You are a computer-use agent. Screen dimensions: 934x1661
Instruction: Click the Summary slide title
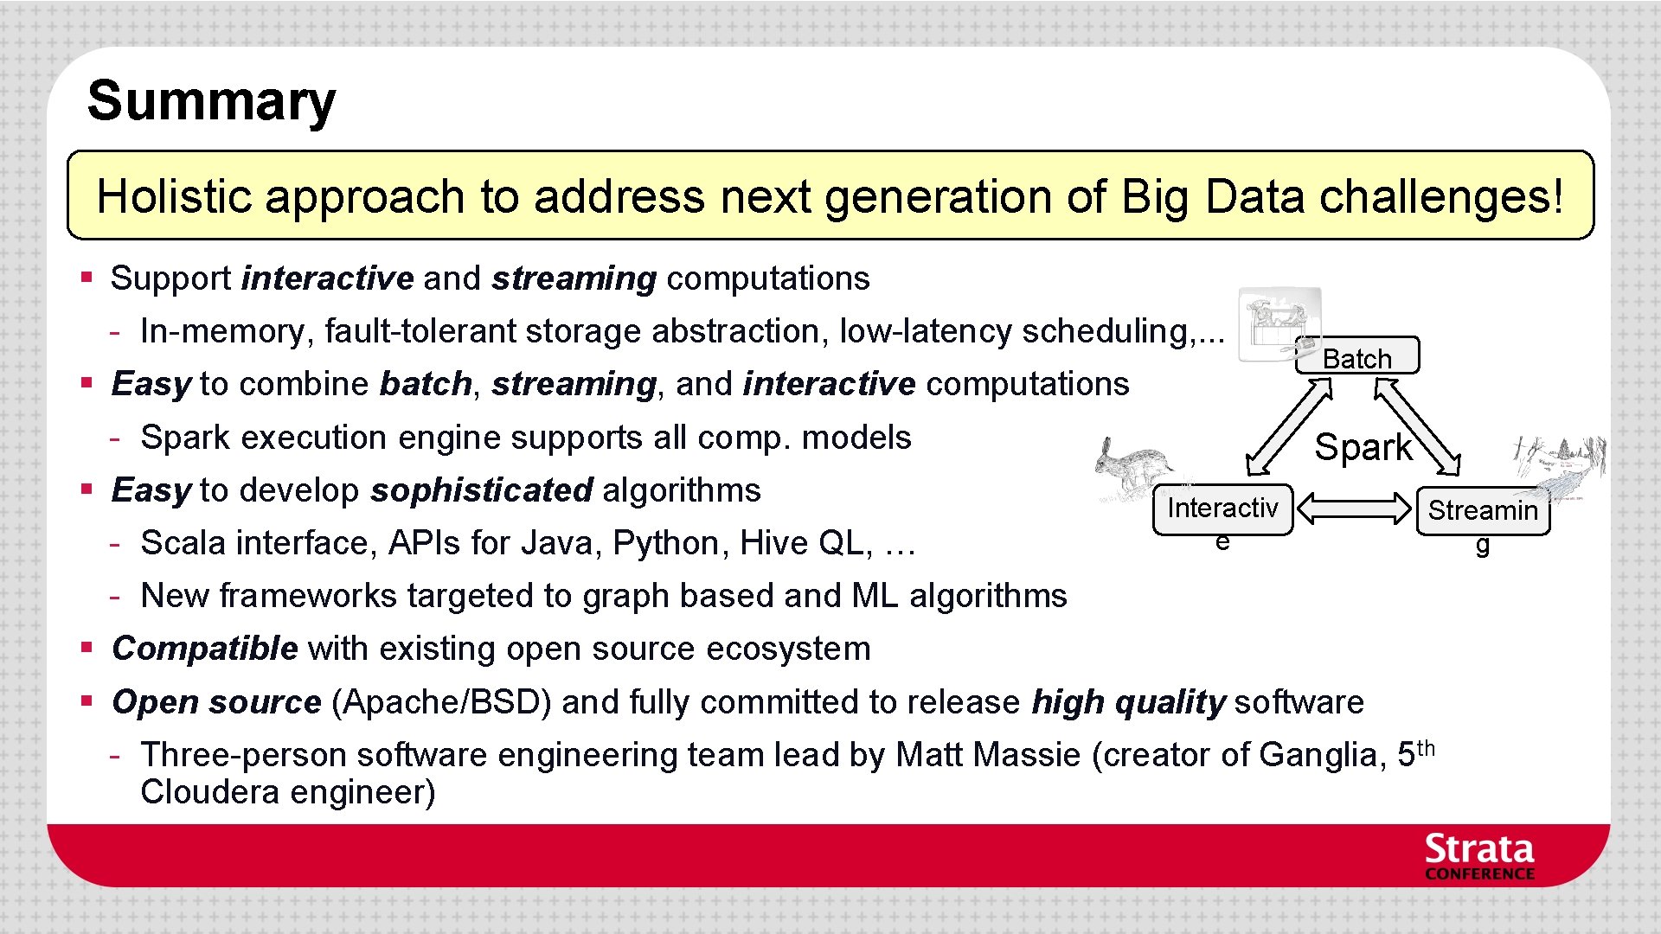click(211, 101)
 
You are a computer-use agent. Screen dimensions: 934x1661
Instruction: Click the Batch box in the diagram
click(1356, 356)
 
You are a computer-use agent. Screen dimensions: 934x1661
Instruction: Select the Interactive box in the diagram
click(1222, 509)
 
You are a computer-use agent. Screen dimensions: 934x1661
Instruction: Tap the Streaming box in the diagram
click(1483, 512)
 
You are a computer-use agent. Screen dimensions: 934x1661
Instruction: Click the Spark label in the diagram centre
click(1363, 448)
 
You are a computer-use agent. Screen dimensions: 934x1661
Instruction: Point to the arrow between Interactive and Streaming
click(1354, 509)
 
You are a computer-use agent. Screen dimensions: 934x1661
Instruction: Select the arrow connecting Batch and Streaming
click(1417, 428)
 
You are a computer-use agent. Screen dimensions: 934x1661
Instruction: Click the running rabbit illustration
click(1133, 467)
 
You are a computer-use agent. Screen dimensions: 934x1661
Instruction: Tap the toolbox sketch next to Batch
click(1279, 326)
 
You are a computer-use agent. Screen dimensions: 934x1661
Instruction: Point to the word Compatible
click(205, 649)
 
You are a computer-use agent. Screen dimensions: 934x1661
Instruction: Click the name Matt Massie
click(988, 755)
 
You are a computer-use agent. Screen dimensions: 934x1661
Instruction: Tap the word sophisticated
click(482, 490)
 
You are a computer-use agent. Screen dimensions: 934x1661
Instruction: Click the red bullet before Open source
click(87, 700)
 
